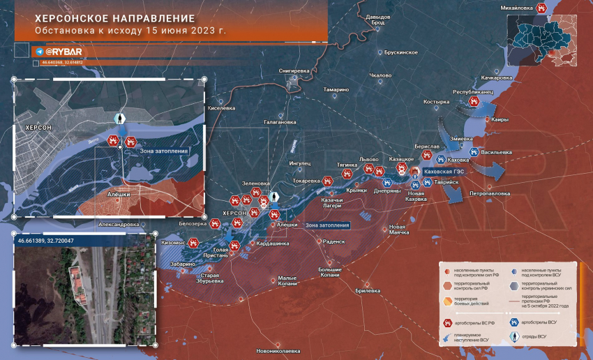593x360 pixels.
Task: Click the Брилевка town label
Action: click(x=367, y=290)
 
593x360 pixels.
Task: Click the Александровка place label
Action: click(x=119, y=225)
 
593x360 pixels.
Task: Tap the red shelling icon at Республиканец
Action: click(x=474, y=102)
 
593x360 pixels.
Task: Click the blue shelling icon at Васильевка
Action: click(x=474, y=151)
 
